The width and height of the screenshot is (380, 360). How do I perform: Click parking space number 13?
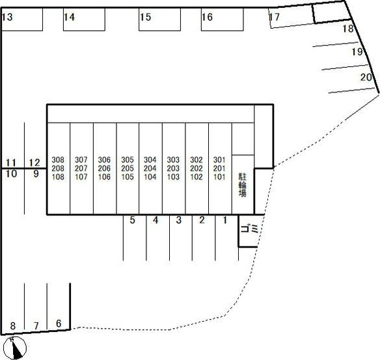[x=7, y=17]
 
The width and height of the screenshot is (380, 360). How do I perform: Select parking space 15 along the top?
[x=145, y=17]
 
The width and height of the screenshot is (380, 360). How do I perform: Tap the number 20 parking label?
[x=366, y=77]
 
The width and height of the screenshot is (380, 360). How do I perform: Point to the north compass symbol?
[x=15, y=348]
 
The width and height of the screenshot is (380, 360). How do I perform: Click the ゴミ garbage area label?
[x=249, y=228]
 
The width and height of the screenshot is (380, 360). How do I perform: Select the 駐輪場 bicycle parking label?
[x=243, y=184]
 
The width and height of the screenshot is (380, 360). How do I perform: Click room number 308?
[x=58, y=159]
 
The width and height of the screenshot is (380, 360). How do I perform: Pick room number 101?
[x=219, y=176]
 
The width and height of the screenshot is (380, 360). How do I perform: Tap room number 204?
[x=150, y=168]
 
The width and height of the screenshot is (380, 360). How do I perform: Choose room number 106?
[x=105, y=176]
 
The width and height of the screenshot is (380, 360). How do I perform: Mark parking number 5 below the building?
[x=132, y=220]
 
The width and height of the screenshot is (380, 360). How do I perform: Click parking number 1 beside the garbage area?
[x=225, y=220]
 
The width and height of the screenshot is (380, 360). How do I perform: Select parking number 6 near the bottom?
[x=59, y=324]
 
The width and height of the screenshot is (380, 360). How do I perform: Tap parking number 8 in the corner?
[x=13, y=325]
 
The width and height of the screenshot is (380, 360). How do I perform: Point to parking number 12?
[x=34, y=163]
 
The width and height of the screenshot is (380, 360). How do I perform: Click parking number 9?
[x=36, y=174]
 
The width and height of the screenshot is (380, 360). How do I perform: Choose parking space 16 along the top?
[x=207, y=17]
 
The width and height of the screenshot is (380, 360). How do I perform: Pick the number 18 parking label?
[x=348, y=29]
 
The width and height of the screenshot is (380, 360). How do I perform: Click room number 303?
[x=173, y=159]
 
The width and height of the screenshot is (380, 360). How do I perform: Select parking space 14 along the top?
[x=70, y=17]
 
